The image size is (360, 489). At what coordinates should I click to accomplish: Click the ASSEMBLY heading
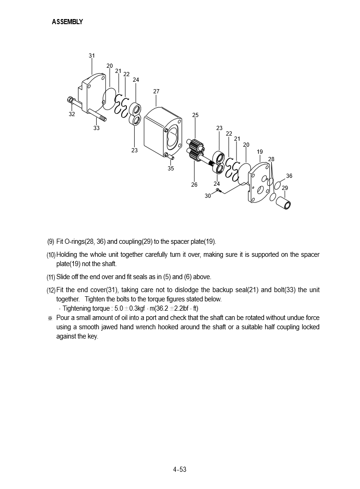click(x=67, y=22)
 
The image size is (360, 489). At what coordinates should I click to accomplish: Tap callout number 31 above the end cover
click(x=92, y=56)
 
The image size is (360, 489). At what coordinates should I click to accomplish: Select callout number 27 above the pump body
click(x=157, y=91)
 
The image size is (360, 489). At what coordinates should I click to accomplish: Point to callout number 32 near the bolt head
click(x=72, y=114)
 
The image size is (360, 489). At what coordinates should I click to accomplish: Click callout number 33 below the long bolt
click(x=96, y=128)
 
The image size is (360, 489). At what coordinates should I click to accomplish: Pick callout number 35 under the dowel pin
click(x=170, y=169)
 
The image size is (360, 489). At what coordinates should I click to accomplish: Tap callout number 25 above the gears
click(x=195, y=115)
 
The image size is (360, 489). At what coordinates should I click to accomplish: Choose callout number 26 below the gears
click(x=194, y=185)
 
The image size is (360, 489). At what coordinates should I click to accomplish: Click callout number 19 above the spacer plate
click(x=260, y=152)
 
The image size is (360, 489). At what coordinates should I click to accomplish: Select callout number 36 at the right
click(x=289, y=176)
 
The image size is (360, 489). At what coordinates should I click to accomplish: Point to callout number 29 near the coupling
click(x=285, y=188)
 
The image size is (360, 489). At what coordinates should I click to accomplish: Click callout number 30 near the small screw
click(x=208, y=196)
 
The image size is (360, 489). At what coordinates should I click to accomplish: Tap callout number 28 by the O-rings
click(x=271, y=159)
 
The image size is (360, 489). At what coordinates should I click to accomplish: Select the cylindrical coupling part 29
click(x=287, y=202)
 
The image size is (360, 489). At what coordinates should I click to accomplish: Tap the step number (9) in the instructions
click(x=51, y=241)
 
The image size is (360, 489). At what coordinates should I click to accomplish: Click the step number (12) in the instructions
click(x=51, y=290)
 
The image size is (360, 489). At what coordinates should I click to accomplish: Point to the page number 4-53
click(x=180, y=469)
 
